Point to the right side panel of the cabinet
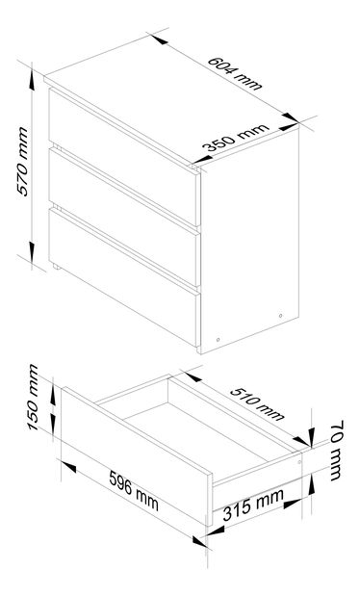pyautogui.click(x=250, y=241)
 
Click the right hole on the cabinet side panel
pyautogui.click(x=280, y=314)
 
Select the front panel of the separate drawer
pyautogui.click(x=135, y=453)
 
